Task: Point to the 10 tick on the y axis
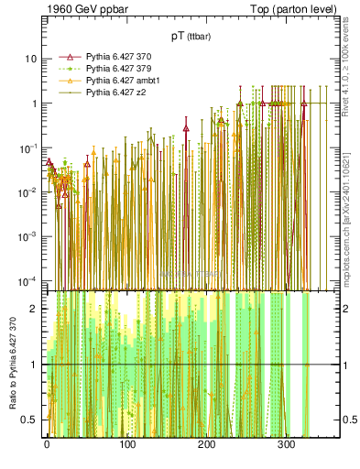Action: [x=30, y=59]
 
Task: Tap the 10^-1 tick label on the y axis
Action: [x=28, y=147]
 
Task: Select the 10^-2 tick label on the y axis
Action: [x=28, y=192]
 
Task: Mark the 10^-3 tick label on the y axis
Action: [x=28, y=236]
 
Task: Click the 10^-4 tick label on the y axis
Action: [x=28, y=280]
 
